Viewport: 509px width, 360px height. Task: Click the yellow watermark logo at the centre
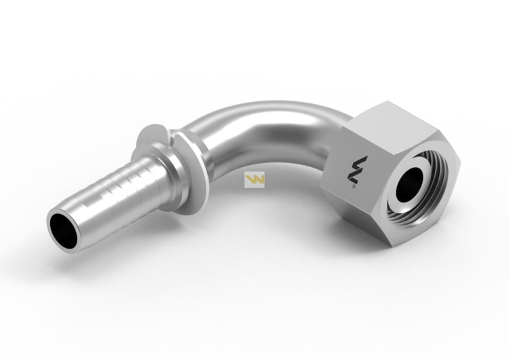click(254, 180)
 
